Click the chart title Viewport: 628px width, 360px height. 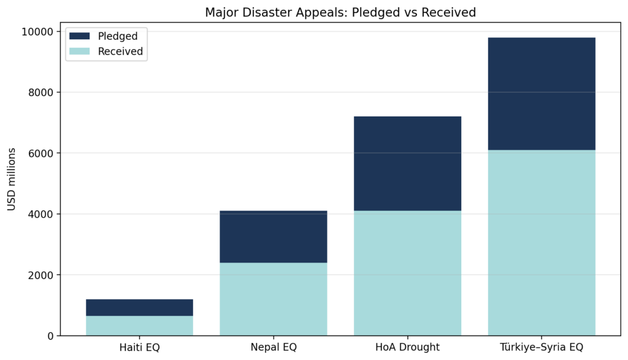(x=340, y=12)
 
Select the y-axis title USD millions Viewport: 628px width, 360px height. (x=12, y=178)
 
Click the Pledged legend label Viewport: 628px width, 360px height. (x=118, y=36)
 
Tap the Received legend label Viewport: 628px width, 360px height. (x=120, y=52)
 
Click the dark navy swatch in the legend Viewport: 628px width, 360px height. (x=80, y=36)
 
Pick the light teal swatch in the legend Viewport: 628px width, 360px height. (x=80, y=52)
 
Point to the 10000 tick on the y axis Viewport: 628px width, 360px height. (x=36, y=31)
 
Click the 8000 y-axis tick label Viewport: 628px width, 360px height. (x=39, y=92)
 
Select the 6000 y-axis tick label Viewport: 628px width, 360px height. (x=39, y=153)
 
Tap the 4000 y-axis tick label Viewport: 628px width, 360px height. (x=39, y=214)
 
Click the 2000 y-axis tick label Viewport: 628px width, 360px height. (x=39, y=275)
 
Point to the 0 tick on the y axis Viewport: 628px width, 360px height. (x=50, y=335)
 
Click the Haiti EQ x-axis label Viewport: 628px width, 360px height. (x=139, y=347)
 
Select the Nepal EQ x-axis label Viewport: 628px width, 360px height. (x=274, y=347)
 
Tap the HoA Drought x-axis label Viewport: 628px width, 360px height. (x=407, y=347)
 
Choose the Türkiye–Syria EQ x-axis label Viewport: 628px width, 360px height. (x=542, y=347)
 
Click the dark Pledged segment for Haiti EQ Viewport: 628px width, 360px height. (x=139, y=307)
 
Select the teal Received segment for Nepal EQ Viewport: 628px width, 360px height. (x=274, y=299)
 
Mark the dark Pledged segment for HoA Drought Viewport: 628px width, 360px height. (x=407, y=163)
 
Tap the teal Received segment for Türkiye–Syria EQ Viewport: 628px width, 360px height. (x=542, y=243)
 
